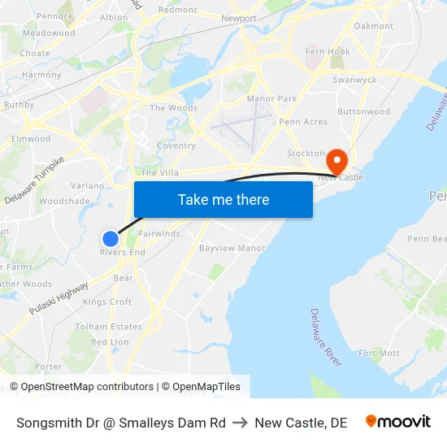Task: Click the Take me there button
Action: pyautogui.click(x=223, y=200)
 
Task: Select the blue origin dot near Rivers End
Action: pyautogui.click(x=111, y=238)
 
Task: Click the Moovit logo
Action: pyautogui.click(x=397, y=422)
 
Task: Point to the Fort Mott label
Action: pyautogui.click(x=379, y=354)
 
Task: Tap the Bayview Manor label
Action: pyautogui.click(x=232, y=248)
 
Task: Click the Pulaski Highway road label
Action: pyautogui.click(x=59, y=299)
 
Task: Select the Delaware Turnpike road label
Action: pyautogui.click(x=34, y=181)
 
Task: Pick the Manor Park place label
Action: pyautogui.click(x=271, y=98)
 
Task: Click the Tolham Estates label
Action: pyautogui.click(x=108, y=327)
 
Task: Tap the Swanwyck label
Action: pyautogui.click(x=354, y=80)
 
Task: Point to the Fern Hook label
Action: pyautogui.click(x=328, y=52)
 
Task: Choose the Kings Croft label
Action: pyautogui.click(x=107, y=302)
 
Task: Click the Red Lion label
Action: pyautogui.click(x=110, y=342)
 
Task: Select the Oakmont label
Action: pyautogui.click(x=374, y=26)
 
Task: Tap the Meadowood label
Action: pyautogui.click(x=49, y=33)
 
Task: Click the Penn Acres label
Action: pyautogui.click(x=302, y=122)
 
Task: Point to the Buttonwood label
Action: pyautogui.click(x=363, y=112)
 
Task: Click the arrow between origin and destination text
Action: pyautogui.click(x=241, y=423)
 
